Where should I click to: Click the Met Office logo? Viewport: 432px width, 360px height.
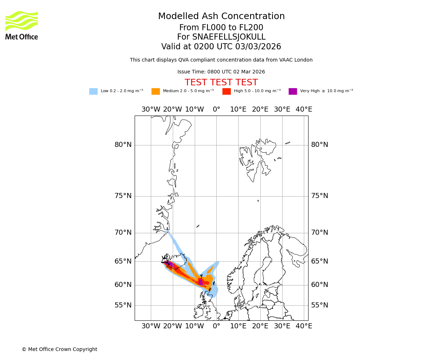click(x=22, y=25)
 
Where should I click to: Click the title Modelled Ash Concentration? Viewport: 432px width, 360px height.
click(x=221, y=17)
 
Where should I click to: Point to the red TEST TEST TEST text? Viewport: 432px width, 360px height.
click(x=221, y=82)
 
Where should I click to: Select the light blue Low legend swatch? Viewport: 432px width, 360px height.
click(x=93, y=91)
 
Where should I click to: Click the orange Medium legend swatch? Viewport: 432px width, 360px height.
click(x=156, y=91)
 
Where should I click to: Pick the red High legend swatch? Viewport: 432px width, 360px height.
click(x=226, y=91)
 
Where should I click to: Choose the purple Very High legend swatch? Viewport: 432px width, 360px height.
click(x=293, y=91)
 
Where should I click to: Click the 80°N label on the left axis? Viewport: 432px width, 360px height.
click(x=123, y=145)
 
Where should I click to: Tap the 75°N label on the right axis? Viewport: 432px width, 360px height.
click(x=320, y=196)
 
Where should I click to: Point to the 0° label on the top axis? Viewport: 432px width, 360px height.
click(x=216, y=109)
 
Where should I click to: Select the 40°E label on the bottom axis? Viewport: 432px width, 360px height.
click(x=304, y=326)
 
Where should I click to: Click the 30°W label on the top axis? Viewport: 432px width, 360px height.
click(x=151, y=109)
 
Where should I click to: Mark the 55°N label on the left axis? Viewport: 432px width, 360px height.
click(x=123, y=305)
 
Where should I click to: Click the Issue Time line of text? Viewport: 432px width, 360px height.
click(x=221, y=72)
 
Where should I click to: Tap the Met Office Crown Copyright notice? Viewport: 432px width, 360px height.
click(x=59, y=349)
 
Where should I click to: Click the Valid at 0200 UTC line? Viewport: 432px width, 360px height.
click(x=221, y=47)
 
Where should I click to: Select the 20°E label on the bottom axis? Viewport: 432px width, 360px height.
click(x=260, y=326)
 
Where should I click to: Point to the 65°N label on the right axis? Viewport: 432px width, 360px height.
click(x=320, y=261)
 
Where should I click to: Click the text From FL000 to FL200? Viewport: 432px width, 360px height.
click(x=221, y=28)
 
